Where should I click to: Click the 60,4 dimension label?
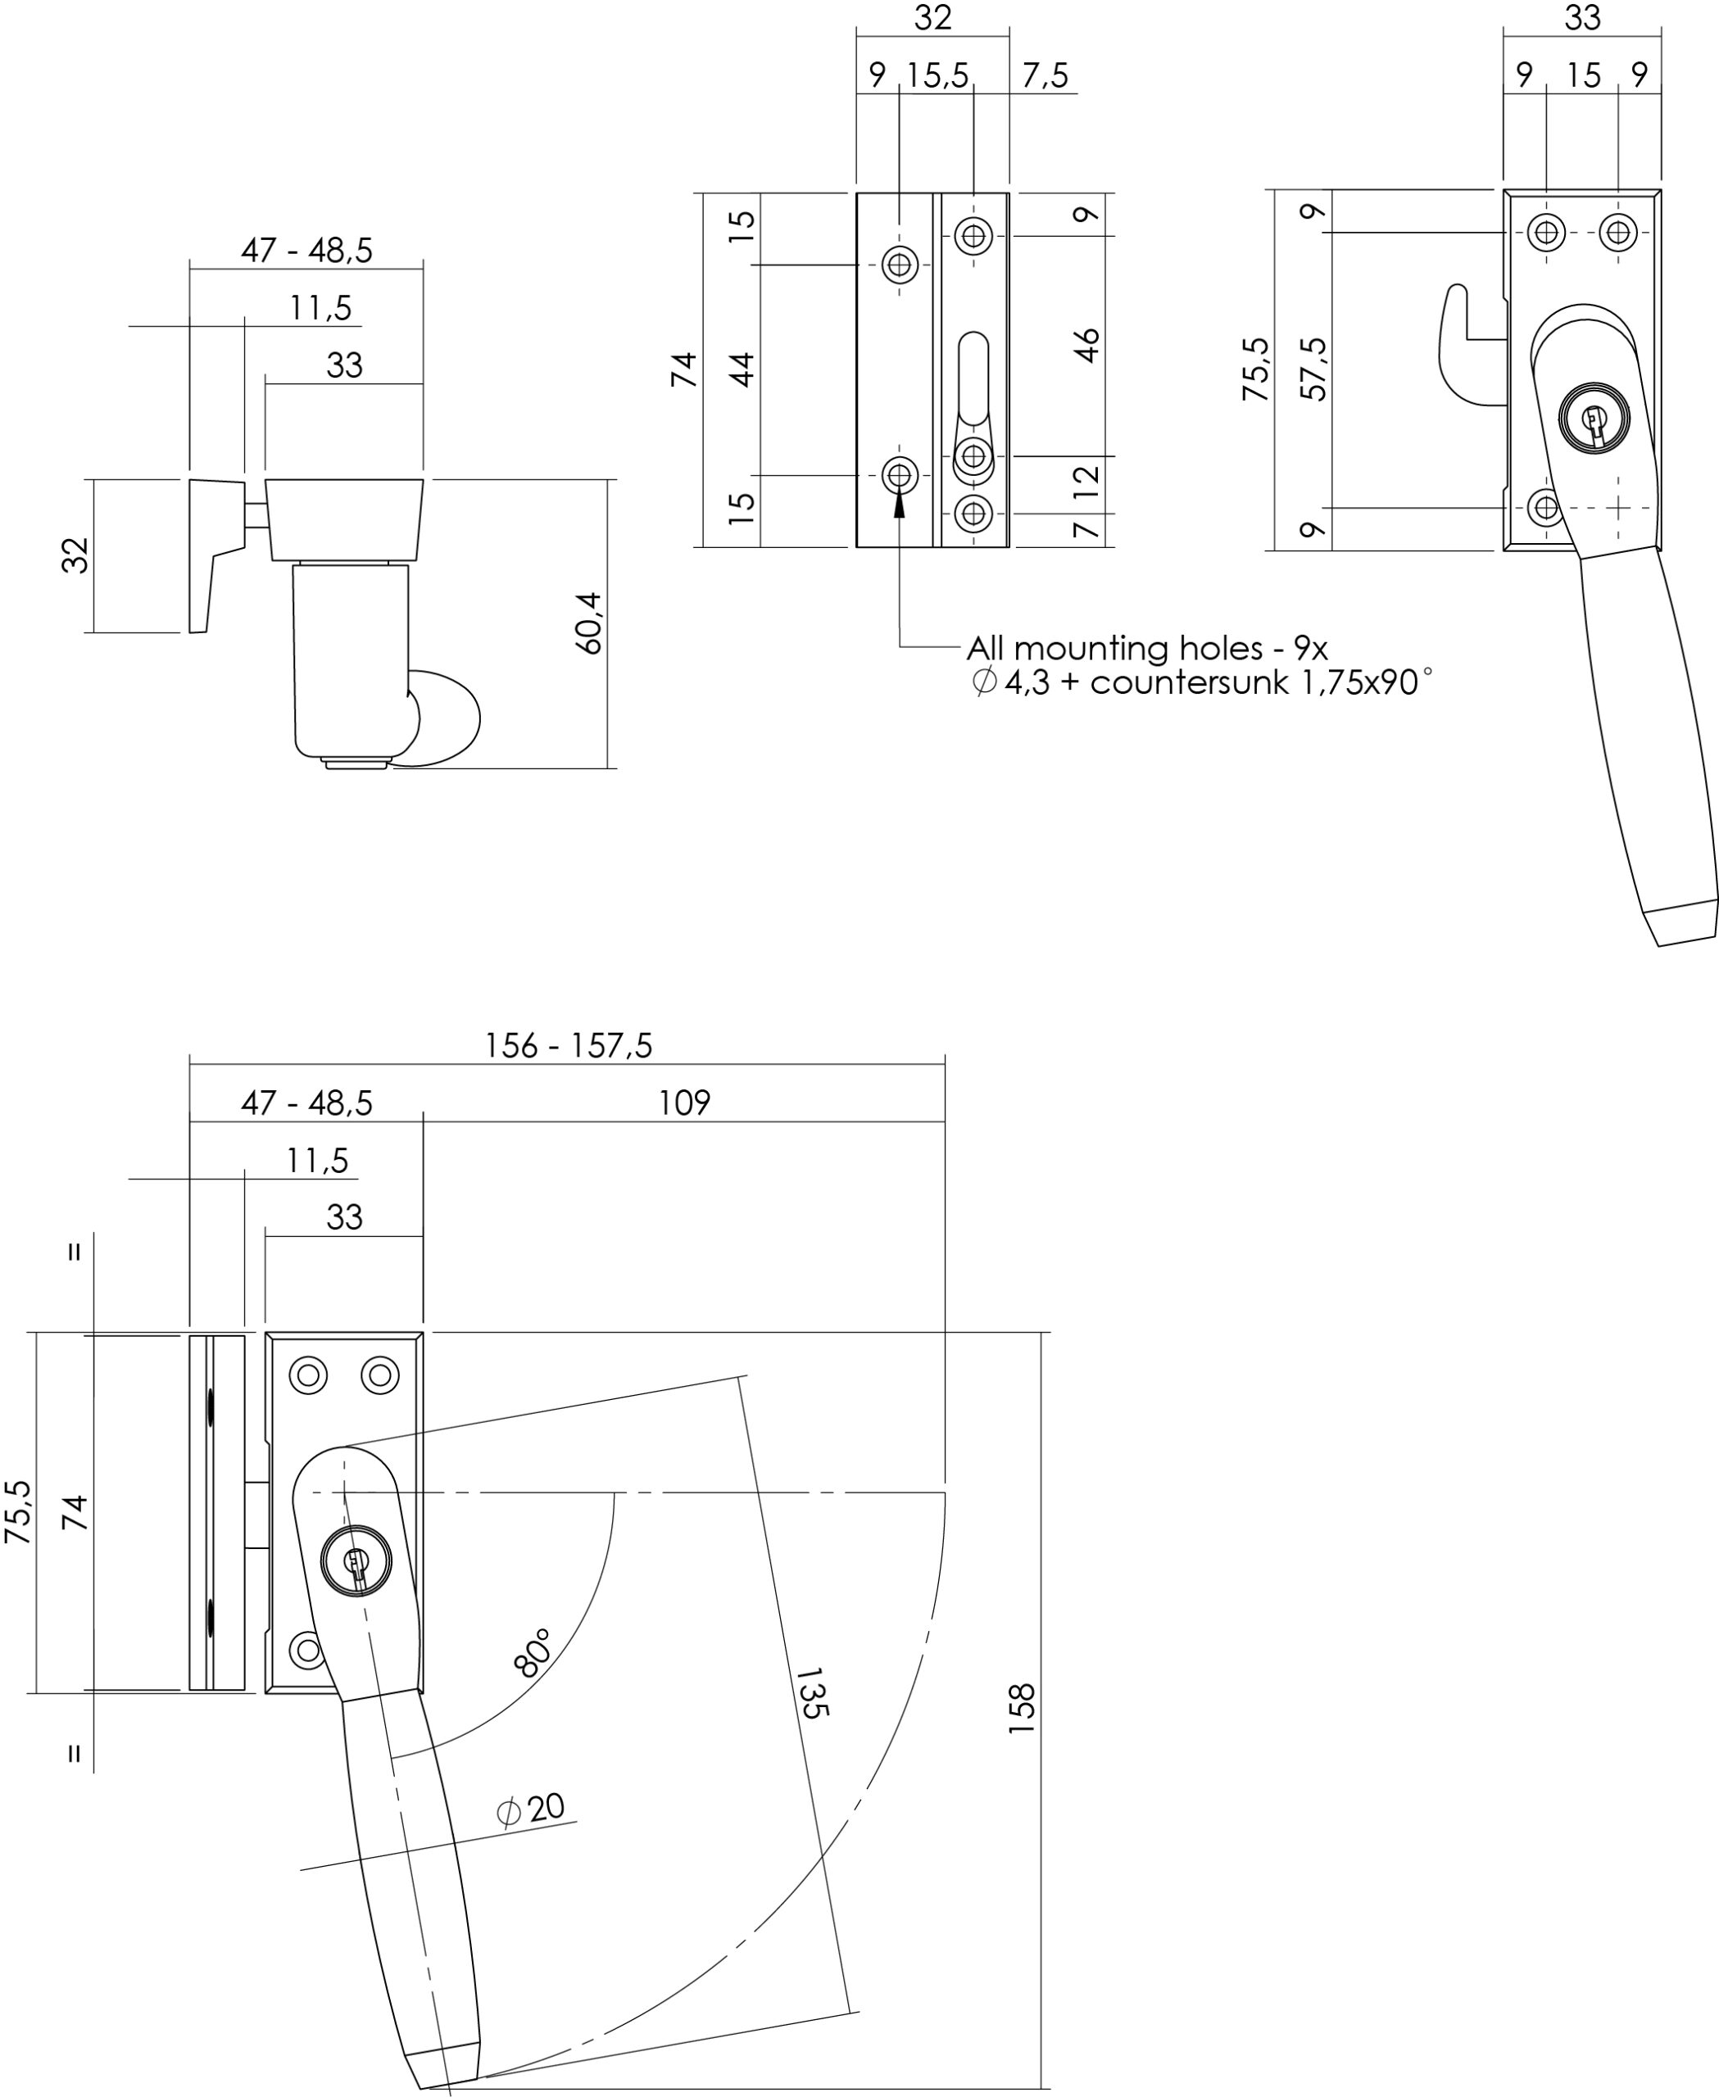click(x=589, y=623)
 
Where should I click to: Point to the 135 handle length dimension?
click(x=810, y=1693)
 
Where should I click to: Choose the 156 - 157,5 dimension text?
click(x=569, y=1045)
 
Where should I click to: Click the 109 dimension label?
click(x=684, y=1103)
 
